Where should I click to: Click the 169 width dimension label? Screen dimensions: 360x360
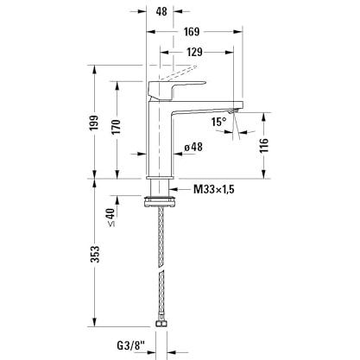(192, 31)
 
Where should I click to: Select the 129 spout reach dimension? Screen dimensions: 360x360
(194, 52)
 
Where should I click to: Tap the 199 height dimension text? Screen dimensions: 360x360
(94, 123)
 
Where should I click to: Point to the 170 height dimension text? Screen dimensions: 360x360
(116, 126)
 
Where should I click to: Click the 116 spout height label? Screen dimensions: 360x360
(264, 145)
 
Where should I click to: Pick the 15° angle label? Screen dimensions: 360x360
(219, 122)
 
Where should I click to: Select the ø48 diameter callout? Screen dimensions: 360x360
(193, 147)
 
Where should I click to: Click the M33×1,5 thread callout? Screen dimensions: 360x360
(214, 189)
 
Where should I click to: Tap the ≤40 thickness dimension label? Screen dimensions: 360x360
(111, 218)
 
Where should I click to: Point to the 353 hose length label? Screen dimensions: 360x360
(95, 254)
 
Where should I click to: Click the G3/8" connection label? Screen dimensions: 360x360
(130, 345)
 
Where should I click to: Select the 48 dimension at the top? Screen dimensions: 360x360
(161, 11)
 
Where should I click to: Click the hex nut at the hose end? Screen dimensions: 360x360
(161, 324)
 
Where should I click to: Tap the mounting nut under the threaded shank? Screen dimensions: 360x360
(160, 201)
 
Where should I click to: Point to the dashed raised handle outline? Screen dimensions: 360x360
(179, 73)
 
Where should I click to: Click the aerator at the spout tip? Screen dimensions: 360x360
(233, 111)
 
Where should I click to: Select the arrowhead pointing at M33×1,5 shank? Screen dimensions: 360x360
(174, 189)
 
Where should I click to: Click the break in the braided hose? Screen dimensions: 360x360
(161, 268)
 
